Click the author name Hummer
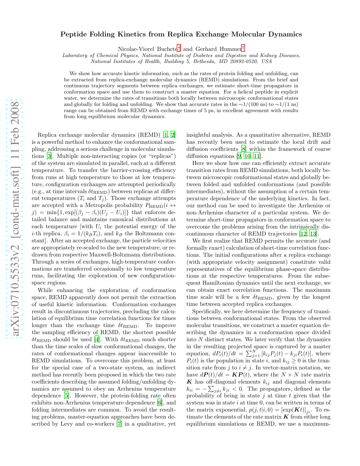(x=231, y=49)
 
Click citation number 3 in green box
(x=49, y=156)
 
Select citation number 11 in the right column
(x=257, y=156)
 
